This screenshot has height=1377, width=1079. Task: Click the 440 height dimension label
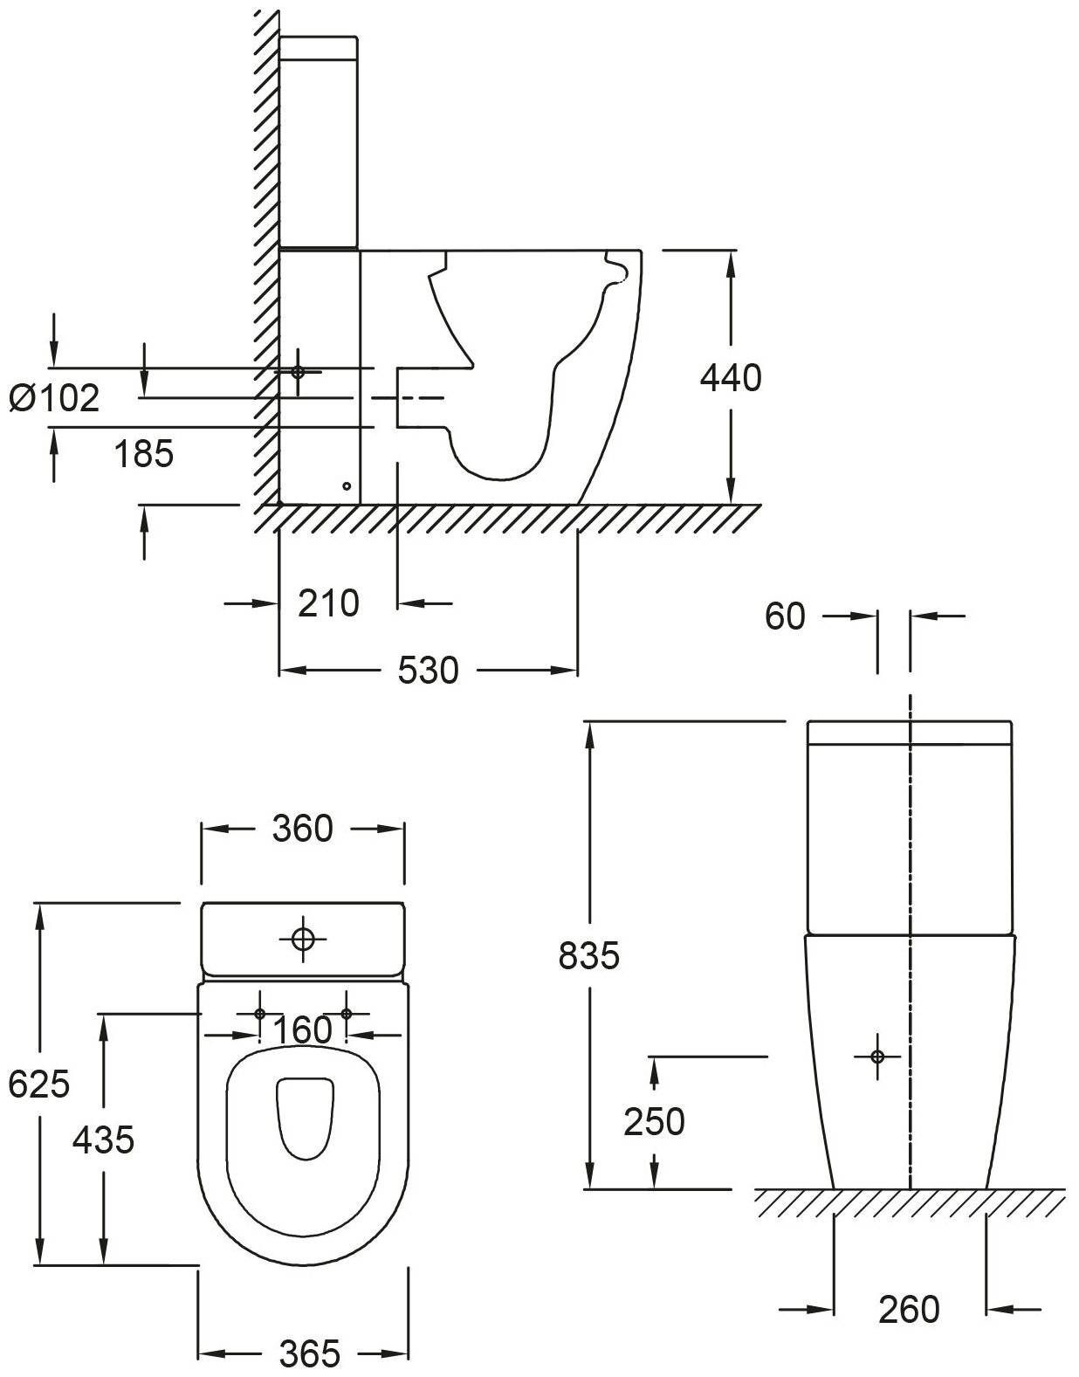pos(731,378)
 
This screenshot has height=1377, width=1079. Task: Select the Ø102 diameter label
pos(54,398)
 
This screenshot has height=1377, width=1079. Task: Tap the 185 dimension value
pos(144,453)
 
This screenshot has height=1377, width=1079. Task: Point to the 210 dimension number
pos(328,602)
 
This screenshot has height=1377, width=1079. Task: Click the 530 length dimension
pos(428,671)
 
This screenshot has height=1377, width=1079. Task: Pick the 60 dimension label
pos(784,616)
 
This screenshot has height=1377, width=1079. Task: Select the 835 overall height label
pos(588,956)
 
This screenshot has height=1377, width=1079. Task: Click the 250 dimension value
pos(654,1122)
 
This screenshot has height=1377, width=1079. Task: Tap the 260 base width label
pos(909,1310)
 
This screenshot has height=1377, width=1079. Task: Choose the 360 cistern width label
pos(303,829)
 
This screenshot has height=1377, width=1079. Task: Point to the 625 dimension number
pos(38,1084)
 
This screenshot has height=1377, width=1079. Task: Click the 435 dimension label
pos(103,1139)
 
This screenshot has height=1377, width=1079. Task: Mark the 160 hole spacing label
pos(303,1030)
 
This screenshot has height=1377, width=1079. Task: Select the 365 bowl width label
pos(309,1354)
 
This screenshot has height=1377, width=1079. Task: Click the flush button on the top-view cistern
pos(303,940)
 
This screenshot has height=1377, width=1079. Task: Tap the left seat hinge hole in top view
pos(260,1014)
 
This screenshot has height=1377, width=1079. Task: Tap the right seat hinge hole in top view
pos(347,1014)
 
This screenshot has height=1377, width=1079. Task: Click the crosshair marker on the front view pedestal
pos(878,1057)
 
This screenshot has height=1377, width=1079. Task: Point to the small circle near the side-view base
pos(347,485)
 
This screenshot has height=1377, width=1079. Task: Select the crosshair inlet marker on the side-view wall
pos(299,371)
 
